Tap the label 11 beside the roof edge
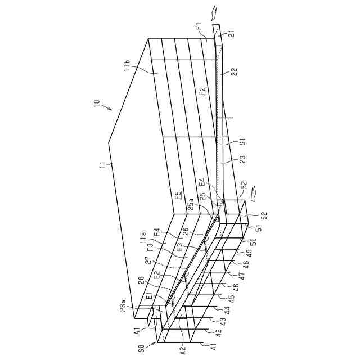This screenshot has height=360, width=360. [x=102, y=165]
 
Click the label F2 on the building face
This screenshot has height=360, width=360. [x=202, y=91]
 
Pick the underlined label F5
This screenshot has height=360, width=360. [x=178, y=196]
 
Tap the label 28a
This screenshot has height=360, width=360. [x=123, y=307]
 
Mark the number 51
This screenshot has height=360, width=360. [x=259, y=228]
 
